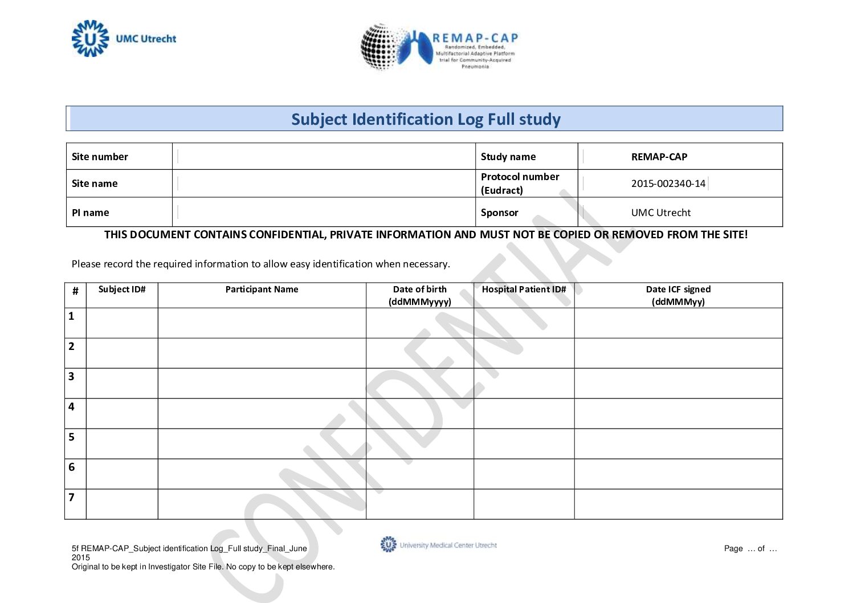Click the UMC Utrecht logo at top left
(123, 39)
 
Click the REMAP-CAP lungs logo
(439, 47)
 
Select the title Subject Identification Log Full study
(426, 119)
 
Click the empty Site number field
(324, 156)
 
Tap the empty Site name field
(324, 184)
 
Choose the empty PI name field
(324, 213)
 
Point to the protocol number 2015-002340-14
(668, 184)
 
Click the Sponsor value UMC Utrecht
(660, 213)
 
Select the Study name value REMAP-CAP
(659, 157)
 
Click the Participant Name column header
(262, 290)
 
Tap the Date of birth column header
(420, 295)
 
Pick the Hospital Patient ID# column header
(524, 290)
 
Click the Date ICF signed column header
(678, 295)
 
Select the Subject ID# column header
(121, 290)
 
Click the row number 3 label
(71, 377)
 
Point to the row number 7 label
(71, 498)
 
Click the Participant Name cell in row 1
(262, 323)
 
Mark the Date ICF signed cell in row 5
(678, 444)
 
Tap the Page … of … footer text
(750, 549)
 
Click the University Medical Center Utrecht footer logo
(438, 545)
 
